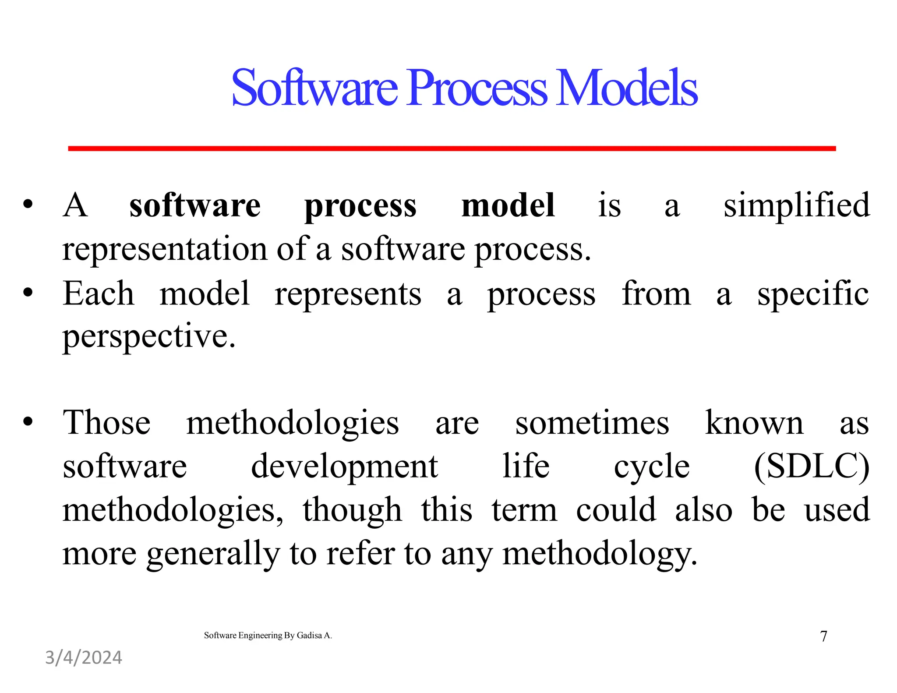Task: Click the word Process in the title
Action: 477,89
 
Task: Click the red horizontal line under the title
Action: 451,148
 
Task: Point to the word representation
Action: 164,249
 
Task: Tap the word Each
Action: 98,293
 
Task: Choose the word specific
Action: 813,293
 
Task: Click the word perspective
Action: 149,336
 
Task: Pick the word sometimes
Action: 592,423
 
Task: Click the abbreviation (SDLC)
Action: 811,466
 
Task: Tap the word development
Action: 344,466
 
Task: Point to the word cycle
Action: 651,466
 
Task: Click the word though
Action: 352,510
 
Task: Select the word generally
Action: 213,554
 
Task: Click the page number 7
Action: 823,636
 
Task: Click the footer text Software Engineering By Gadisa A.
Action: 268,635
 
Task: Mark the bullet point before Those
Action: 28,422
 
